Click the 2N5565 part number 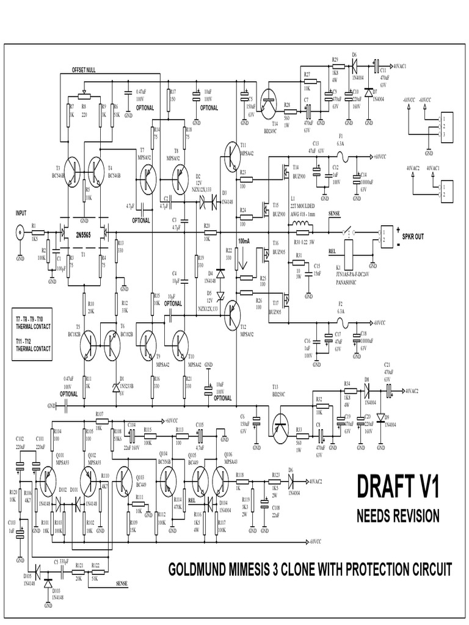[x=84, y=233]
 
